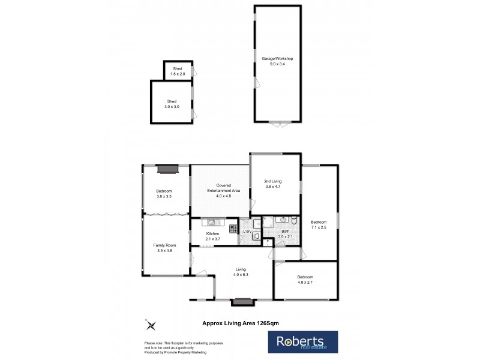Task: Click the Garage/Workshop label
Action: click(277, 58)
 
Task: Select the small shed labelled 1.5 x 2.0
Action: click(178, 71)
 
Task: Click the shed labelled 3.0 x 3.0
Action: click(172, 103)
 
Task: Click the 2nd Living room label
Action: click(273, 181)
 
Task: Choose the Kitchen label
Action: click(213, 233)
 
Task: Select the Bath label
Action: click(286, 231)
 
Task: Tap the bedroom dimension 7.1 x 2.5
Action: click(319, 227)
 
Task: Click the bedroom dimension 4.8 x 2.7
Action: click(305, 281)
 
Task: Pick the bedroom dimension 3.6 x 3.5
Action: click(164, 196)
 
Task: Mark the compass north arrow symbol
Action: click(151, 326)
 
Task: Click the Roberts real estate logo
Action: click(302, 342)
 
